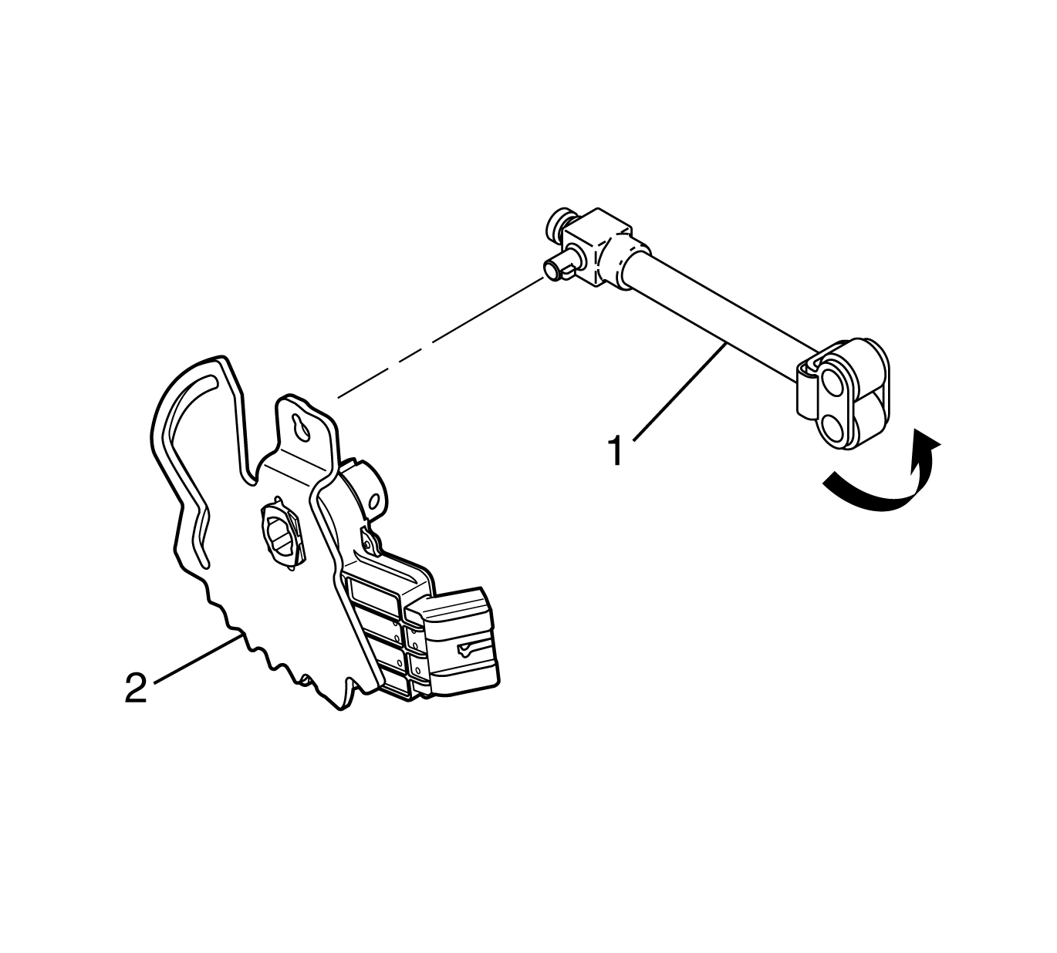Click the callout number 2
click(x=136, y=688)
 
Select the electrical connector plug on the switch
click(x=450, y=639)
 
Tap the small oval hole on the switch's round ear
click(x=375, y=501)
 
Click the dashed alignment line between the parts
click(x=441, y=337)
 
